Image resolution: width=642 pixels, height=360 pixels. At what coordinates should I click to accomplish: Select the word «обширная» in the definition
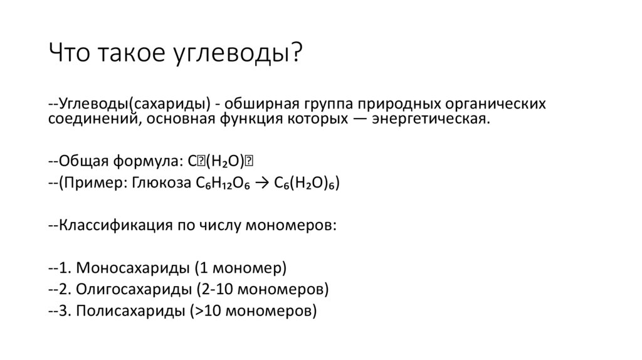262,103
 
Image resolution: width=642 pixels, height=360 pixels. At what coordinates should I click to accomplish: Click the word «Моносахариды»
134,268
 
